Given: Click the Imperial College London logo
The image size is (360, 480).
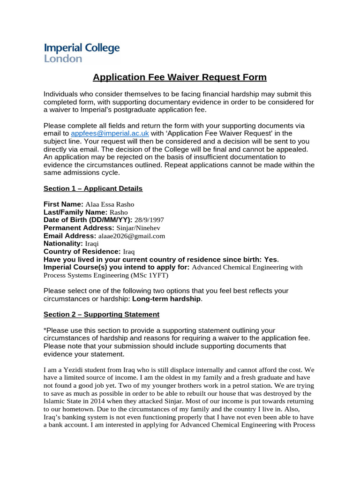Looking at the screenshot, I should (82, 53).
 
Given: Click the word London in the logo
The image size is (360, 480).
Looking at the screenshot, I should (63, 59).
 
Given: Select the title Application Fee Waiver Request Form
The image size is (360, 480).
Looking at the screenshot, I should (180, 77).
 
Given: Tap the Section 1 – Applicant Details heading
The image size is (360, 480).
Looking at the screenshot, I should (93, 188).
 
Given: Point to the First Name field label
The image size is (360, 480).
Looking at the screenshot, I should (63, 204).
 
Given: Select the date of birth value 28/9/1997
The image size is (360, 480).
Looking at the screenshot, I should (150, 220).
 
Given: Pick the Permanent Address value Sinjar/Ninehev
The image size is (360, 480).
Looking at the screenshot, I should (140, 228).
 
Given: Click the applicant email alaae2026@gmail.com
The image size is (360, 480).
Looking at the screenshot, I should (132, 236).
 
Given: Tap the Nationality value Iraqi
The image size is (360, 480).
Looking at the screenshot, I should (92, 244).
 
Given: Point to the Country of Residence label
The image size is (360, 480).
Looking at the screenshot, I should (82, 252).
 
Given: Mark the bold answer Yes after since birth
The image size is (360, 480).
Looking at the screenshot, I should (270, 260).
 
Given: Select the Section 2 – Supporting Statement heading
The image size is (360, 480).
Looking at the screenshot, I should (101, 315).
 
